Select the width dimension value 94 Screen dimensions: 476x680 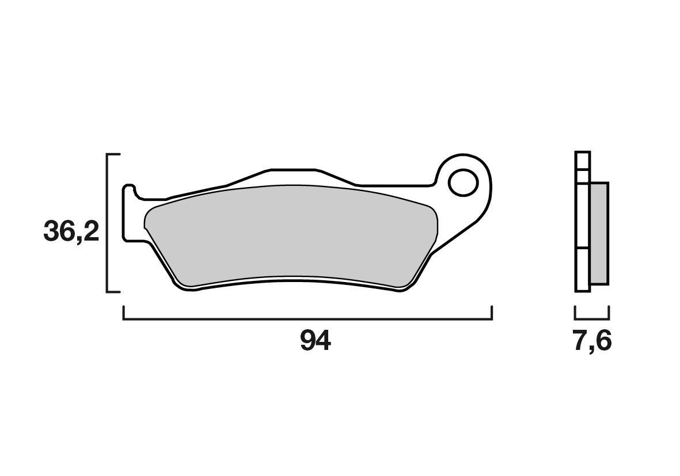coord(315,342)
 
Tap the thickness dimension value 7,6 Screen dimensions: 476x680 coord(592,342)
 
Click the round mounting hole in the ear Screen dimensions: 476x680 coord(464,183)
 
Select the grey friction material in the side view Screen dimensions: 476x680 coord(599,233)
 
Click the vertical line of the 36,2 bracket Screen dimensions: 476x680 coord(108,223)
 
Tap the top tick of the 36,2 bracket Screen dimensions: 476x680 coord(113,155)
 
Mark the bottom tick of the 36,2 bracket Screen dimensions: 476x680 coord(113,291)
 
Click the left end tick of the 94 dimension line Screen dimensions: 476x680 coord(124,313)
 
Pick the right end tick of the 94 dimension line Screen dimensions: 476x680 coord(491,313)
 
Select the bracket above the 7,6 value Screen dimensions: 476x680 coord(592,317)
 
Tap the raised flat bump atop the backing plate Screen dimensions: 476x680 coord(292,170)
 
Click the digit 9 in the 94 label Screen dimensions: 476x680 coord(307,342)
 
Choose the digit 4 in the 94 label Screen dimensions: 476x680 coord(323,342)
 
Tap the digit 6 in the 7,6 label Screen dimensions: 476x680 coord(603,342)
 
